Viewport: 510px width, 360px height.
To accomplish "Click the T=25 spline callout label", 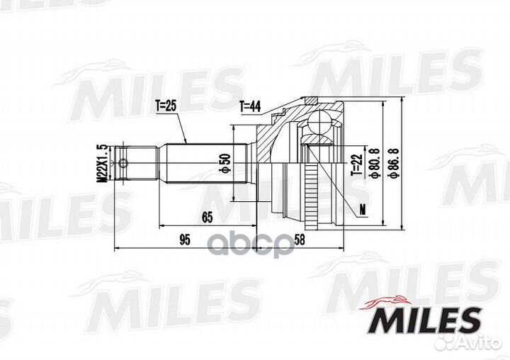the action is tap(166, 106).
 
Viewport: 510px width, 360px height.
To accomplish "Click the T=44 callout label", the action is tap(250, 106).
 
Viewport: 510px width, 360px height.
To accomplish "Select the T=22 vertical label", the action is tap(356, 164).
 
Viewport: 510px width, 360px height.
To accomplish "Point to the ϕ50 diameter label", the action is tap(226, 163).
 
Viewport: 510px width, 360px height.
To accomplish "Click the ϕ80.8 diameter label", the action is tap(374, 163).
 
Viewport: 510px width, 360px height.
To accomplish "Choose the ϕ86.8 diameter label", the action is tap(394, 163).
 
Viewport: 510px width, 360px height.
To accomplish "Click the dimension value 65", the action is tap(207, 217).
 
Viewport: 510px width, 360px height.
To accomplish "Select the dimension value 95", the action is tap(184, 240).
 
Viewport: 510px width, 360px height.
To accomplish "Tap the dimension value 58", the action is tap(300, 240).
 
